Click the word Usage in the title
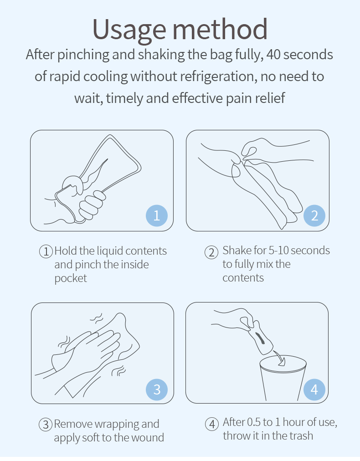click(129, 30)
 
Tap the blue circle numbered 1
click(157, 215)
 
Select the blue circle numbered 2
click(314, 215)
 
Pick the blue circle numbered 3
click(157, 389)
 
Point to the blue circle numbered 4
click(314, 389)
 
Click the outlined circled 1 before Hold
click(46, 251)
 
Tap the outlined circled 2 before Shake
click(211, 252)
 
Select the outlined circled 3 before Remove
click(46, 425)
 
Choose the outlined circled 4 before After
click(212, 424)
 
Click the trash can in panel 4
click(283, 379)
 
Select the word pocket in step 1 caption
click(71, 278)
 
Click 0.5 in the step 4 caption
click(254, 422)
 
